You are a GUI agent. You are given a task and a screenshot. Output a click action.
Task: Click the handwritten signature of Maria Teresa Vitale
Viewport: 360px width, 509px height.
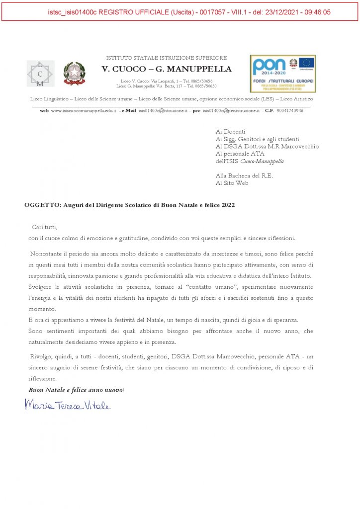68,405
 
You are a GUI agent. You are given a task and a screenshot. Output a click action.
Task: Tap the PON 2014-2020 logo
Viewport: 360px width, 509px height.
283,74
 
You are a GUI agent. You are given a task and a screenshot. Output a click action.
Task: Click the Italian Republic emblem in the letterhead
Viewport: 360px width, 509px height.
74,74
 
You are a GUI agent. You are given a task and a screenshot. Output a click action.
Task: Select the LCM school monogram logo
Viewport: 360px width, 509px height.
40,74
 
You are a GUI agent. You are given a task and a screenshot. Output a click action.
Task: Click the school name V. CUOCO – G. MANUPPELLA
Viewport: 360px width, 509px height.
167,69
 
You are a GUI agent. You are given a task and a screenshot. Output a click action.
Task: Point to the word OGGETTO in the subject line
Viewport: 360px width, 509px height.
42,205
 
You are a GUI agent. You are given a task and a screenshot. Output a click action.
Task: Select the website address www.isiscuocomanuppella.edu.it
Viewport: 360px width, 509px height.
84,110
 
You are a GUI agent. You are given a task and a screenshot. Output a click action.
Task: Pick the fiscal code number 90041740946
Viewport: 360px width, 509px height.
289,110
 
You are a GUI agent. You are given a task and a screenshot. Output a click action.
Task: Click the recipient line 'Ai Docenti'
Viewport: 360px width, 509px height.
227,132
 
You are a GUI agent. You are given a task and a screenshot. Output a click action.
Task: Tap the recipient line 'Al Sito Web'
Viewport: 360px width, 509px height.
232,183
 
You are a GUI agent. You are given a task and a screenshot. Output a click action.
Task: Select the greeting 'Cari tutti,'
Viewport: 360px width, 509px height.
45,227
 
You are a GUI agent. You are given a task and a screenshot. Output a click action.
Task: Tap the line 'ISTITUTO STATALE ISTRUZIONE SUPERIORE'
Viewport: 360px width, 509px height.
167,58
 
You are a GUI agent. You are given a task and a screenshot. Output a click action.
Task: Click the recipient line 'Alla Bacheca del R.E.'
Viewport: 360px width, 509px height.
244,175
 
